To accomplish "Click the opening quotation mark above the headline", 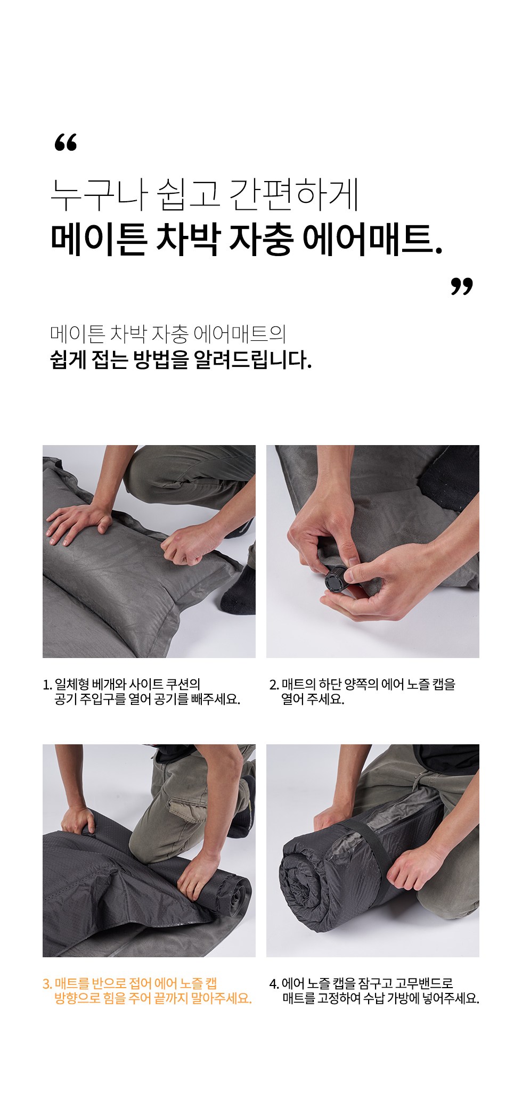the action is pyautogui.click(x=66, y=142).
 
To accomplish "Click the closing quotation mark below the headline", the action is pyautogui.click(x=461, y=286).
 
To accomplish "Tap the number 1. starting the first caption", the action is pyautogui.click(x=47, y=685).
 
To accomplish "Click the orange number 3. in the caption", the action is pyautogui.click(x=47, y=984).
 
